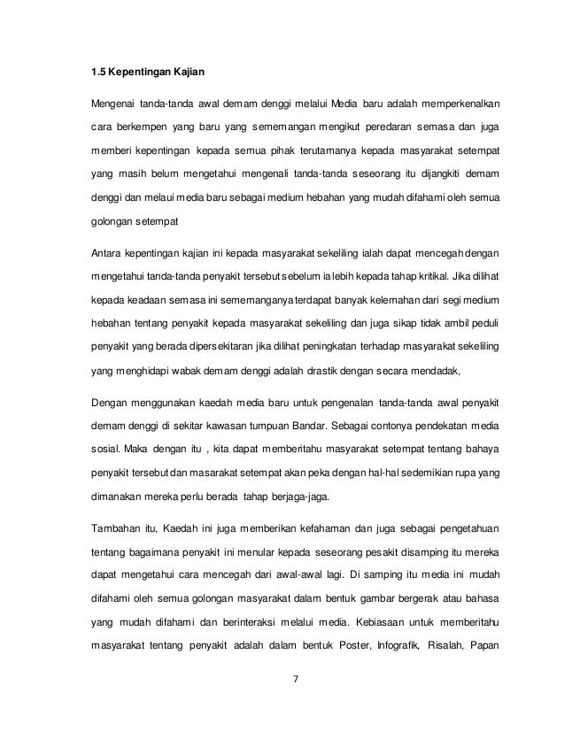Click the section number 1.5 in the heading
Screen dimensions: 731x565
pos(102,66)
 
